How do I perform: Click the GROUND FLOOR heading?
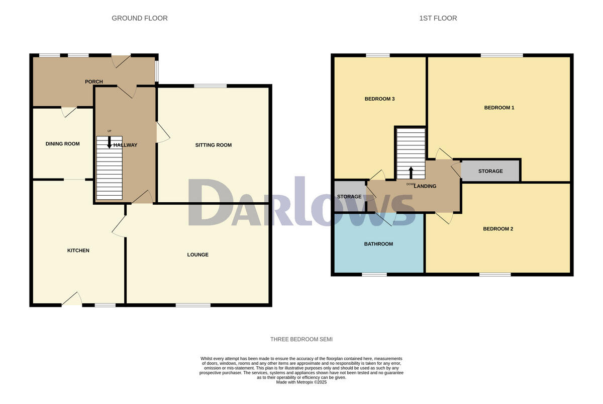[140, 18]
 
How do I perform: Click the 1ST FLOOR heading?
[438, 18]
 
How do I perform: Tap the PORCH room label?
[94, 82]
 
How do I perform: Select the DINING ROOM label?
[63, 144]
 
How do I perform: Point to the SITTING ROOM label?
[214, 145]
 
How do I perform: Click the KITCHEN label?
[78, 251]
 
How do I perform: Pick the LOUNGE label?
[198, 255]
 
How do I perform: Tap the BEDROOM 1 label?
[499, 108]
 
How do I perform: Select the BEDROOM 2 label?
[498, 229]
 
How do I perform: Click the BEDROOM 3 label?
[379, 99]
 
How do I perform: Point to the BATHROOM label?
[378, 244]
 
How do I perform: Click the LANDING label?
[425, 186]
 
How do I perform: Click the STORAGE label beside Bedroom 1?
[490, 171]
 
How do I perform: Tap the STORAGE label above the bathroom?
[349, 197]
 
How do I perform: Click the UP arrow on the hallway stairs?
[110, 142]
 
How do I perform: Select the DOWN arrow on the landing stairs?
[411, 173]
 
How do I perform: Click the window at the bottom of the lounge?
[193, 305]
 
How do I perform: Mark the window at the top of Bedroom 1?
[501, 55]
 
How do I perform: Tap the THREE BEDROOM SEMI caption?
[301, 340]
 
